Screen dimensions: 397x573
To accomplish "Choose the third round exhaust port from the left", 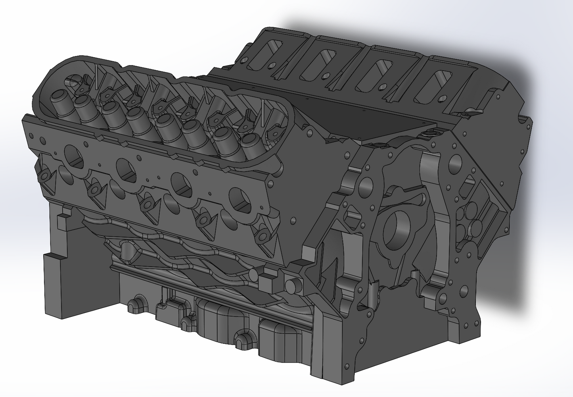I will [x=181, y=183].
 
